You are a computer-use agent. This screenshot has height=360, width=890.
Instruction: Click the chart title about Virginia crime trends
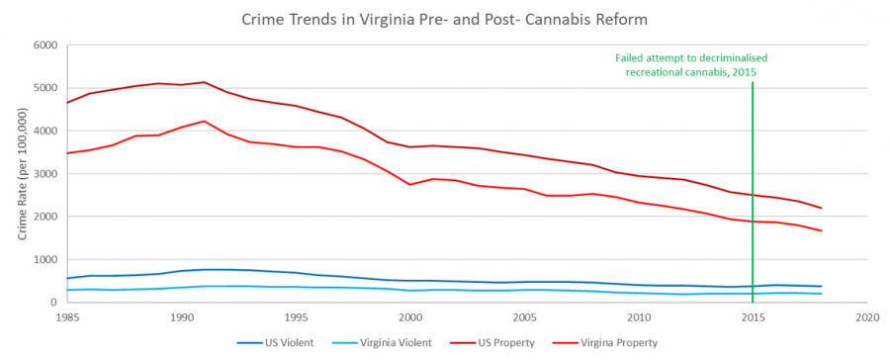click(x=445, y=20)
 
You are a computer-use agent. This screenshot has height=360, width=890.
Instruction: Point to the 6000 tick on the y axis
click(x=44, y=45)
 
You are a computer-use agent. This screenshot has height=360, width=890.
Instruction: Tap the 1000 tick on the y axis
click(x=44, y=259)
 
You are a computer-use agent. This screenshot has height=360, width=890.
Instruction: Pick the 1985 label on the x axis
click(x=67, y=318)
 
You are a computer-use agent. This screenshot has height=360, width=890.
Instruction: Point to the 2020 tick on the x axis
click(x=867, y=318)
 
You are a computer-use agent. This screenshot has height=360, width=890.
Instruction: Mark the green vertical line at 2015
click(x=753, y=198)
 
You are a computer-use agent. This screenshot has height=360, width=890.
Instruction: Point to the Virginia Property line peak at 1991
click(x=204, y=121)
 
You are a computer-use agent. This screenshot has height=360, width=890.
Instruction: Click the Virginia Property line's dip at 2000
click(x=409, y=185)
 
